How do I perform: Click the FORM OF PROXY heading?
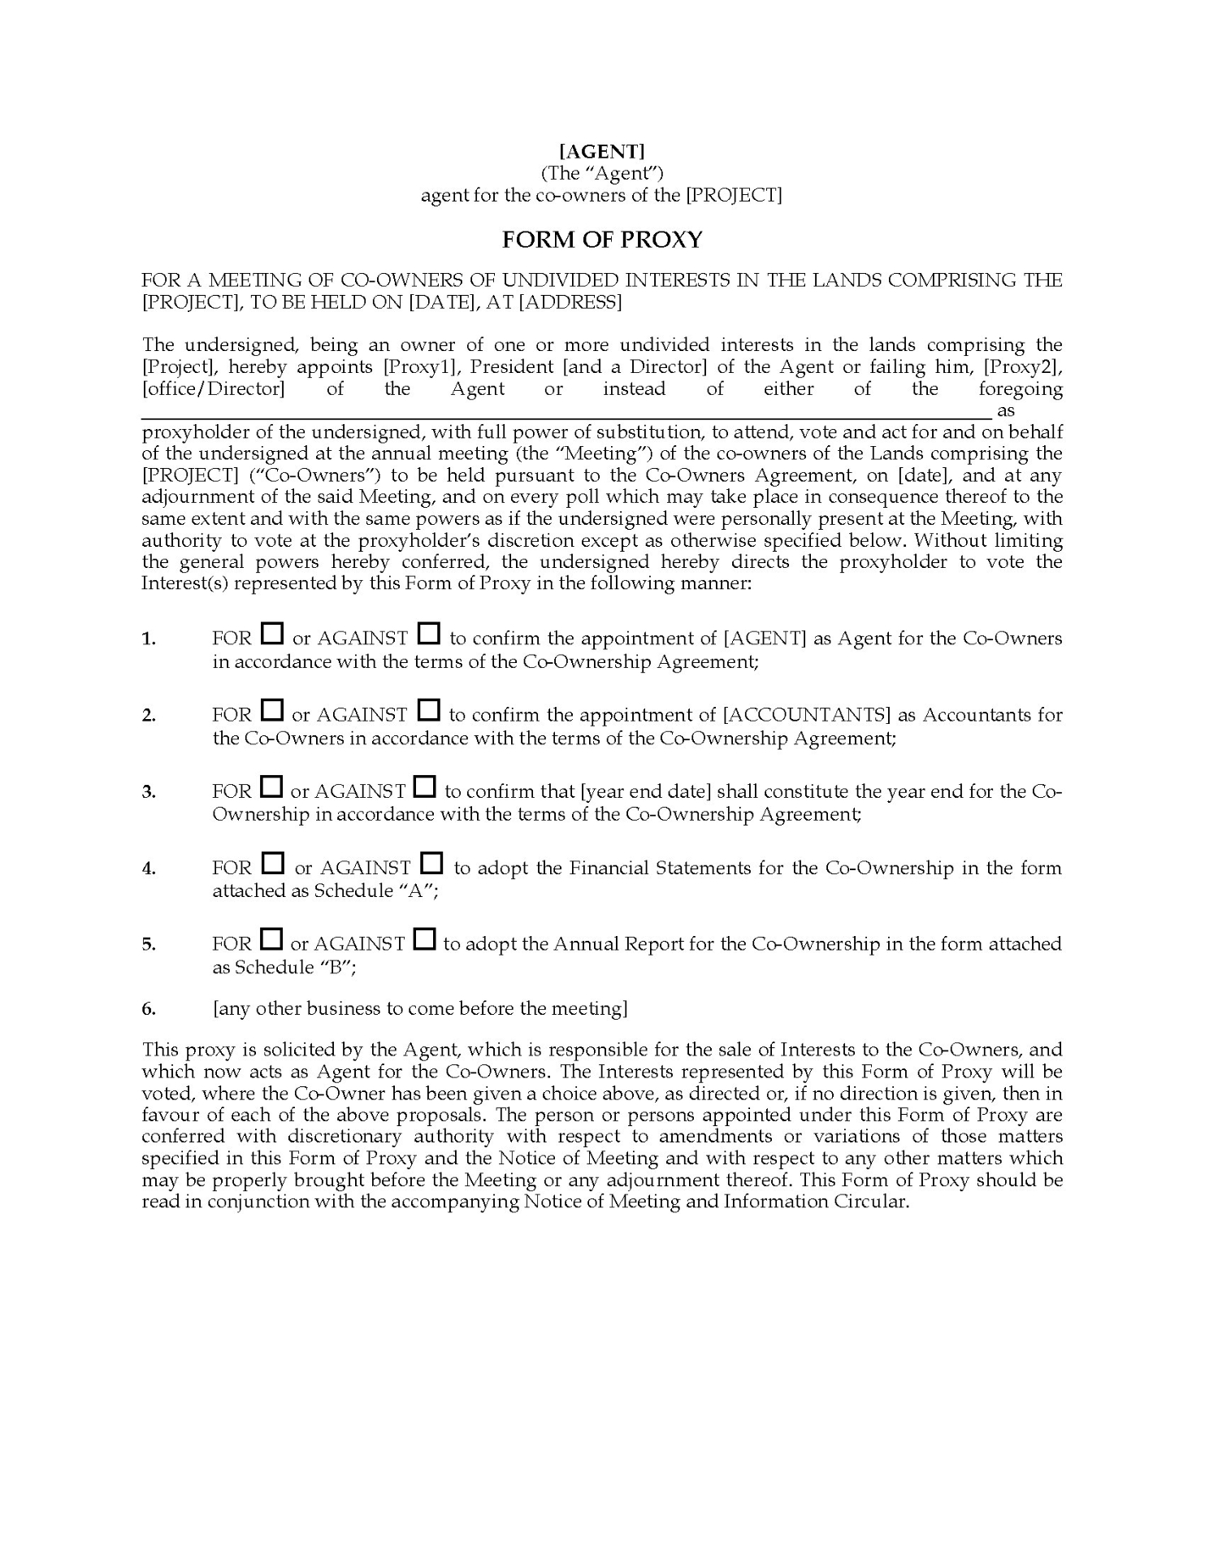tap(602, 240)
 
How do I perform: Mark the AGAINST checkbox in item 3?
tap(425, 786)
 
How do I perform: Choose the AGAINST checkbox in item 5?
tap(424, 939)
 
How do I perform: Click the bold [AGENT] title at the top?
tap(602, 150)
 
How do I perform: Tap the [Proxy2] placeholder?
tap(1022, 366)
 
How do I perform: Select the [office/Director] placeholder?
tap(213, 388)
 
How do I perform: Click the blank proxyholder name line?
tap(566, 411)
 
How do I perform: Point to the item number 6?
tap(148, 1009)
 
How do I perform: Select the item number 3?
tap(148, 792)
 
